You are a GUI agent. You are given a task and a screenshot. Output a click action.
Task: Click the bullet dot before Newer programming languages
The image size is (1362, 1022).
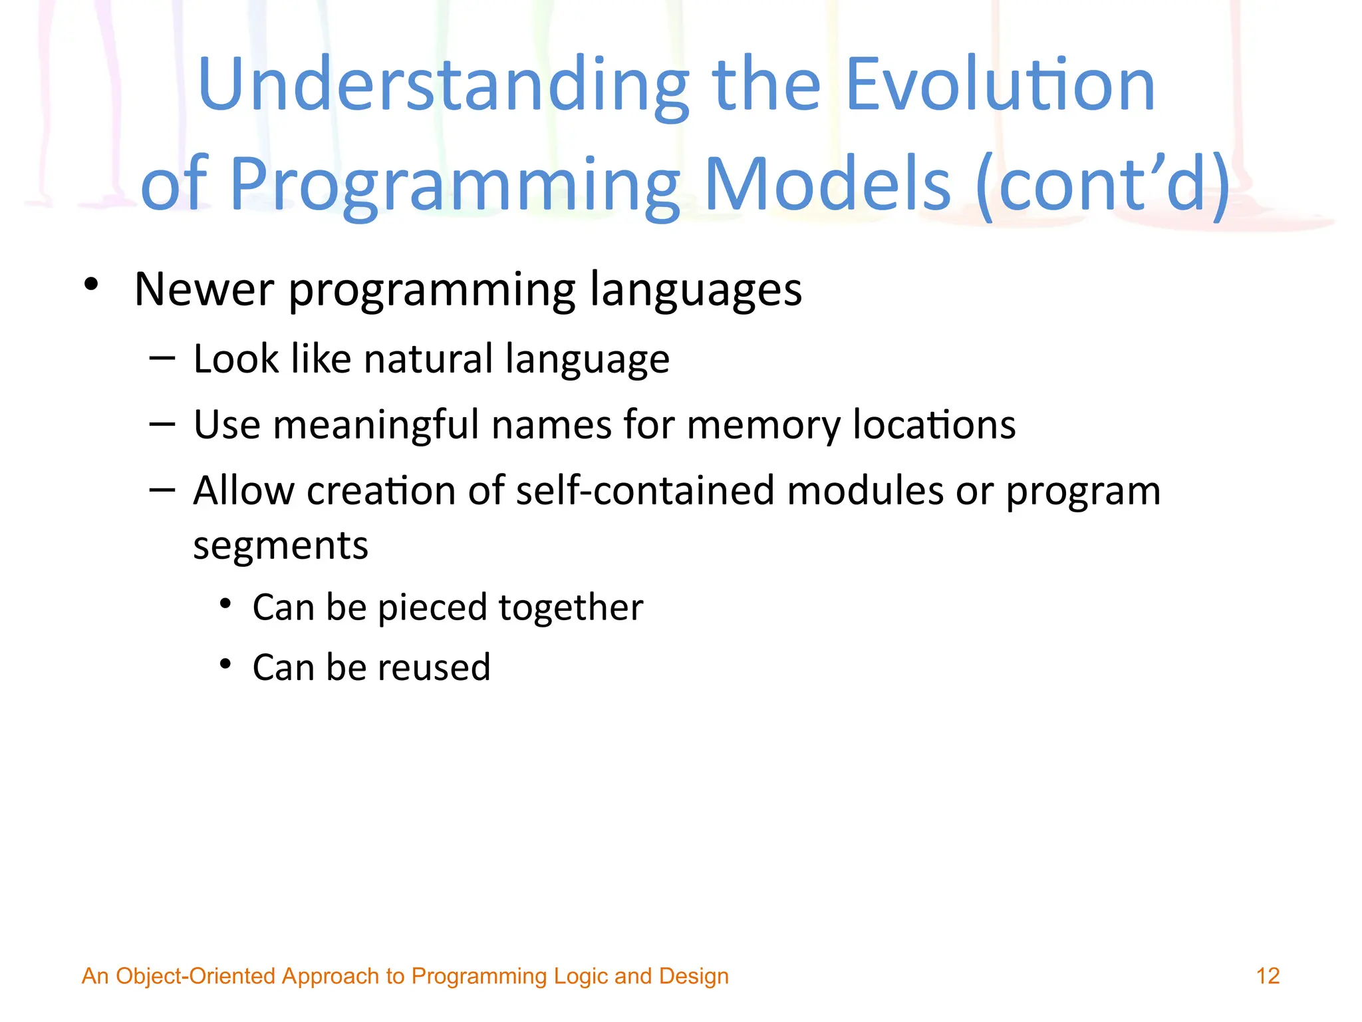tap(91, 285)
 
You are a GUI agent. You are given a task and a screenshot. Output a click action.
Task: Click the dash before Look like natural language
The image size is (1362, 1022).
tap(162, 359)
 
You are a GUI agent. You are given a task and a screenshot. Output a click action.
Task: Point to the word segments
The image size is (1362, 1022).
tap(281, 548)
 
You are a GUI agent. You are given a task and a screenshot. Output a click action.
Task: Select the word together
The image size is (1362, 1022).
tap(571, 609)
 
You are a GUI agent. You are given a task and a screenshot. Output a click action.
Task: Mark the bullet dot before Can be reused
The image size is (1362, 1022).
tap(226, 664)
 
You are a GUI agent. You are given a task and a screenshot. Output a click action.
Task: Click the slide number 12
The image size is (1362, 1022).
tap(1268, 976)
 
